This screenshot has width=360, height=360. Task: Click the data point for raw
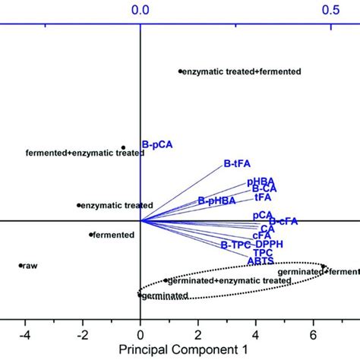[21, 265]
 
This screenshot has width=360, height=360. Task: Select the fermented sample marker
[91, 235]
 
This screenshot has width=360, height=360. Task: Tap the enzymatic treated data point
[78, 205]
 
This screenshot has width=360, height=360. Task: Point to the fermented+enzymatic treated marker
[123, 147]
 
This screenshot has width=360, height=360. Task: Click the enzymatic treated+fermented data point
[180, 71]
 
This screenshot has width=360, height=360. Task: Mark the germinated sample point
[140, 293]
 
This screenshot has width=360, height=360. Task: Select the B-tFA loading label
[237, 163]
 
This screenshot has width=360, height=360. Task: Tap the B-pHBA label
[215, 201]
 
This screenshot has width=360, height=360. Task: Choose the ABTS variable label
[261, 261]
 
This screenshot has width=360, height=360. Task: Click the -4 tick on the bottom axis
[25, 333]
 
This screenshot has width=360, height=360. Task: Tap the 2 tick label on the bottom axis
[197, 333]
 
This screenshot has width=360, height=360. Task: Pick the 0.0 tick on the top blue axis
[140, 11]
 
